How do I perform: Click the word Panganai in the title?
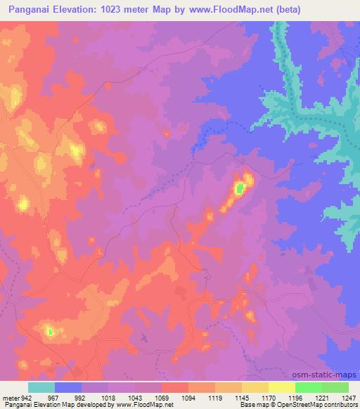pyautogui.click(x=31, y=10)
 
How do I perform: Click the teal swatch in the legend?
pyautogui.click(x=41, y=387)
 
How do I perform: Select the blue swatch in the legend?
pyautogui.click(x=68, y=387)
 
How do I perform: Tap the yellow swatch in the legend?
pyautogui.click(x=282, y=387)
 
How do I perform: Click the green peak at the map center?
pyautogui.click(x=240, y=188)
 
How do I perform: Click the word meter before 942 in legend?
pyautogui.click(x=10, y=397)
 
